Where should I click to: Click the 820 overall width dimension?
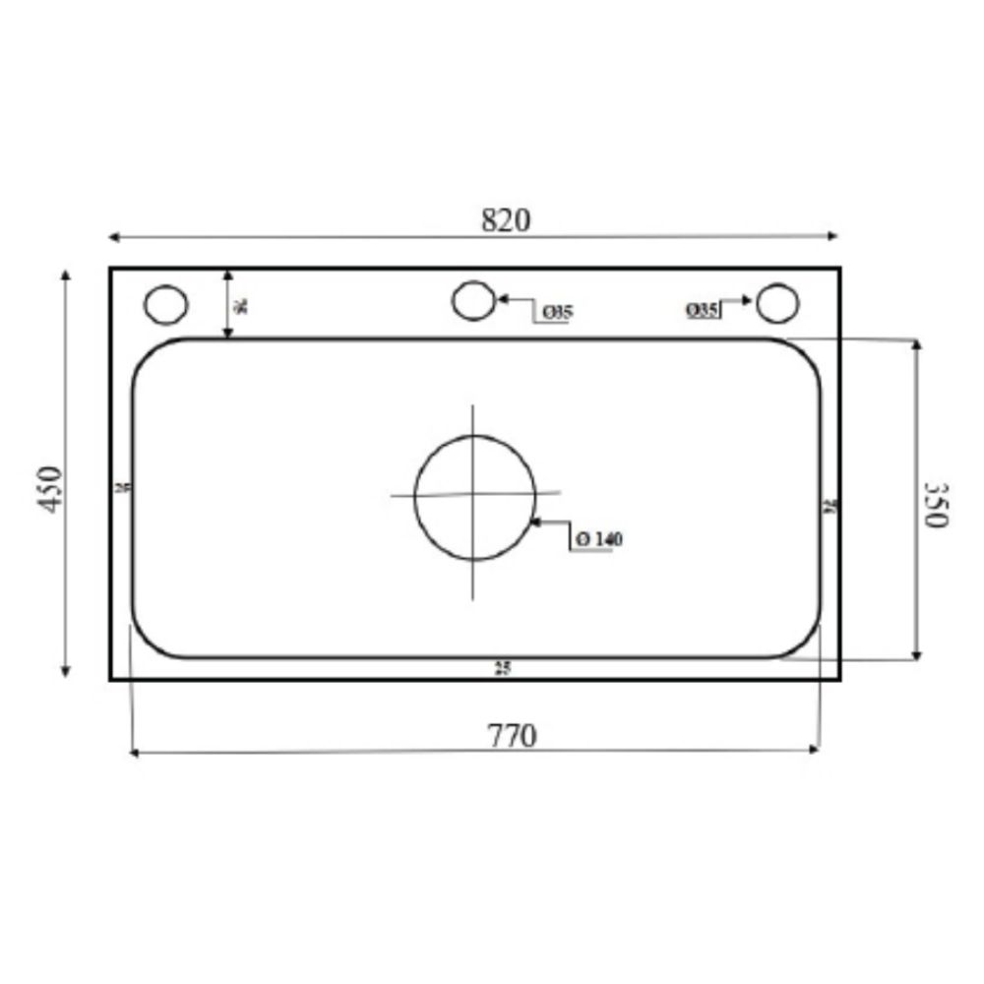pos(505,219)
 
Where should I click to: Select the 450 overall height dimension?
pos(50,487)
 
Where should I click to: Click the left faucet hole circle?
pos(165,303)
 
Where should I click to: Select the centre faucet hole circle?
pos(473,300)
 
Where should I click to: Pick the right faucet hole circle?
pos(777,303)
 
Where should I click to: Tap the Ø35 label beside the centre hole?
pos(557,313)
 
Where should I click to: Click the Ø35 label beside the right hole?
pos(702,310)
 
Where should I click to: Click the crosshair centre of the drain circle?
pos(474,494)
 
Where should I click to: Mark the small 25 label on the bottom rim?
pos(503,669)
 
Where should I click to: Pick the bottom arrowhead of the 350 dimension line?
pos(916,654)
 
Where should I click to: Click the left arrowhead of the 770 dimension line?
pos(135,753)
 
